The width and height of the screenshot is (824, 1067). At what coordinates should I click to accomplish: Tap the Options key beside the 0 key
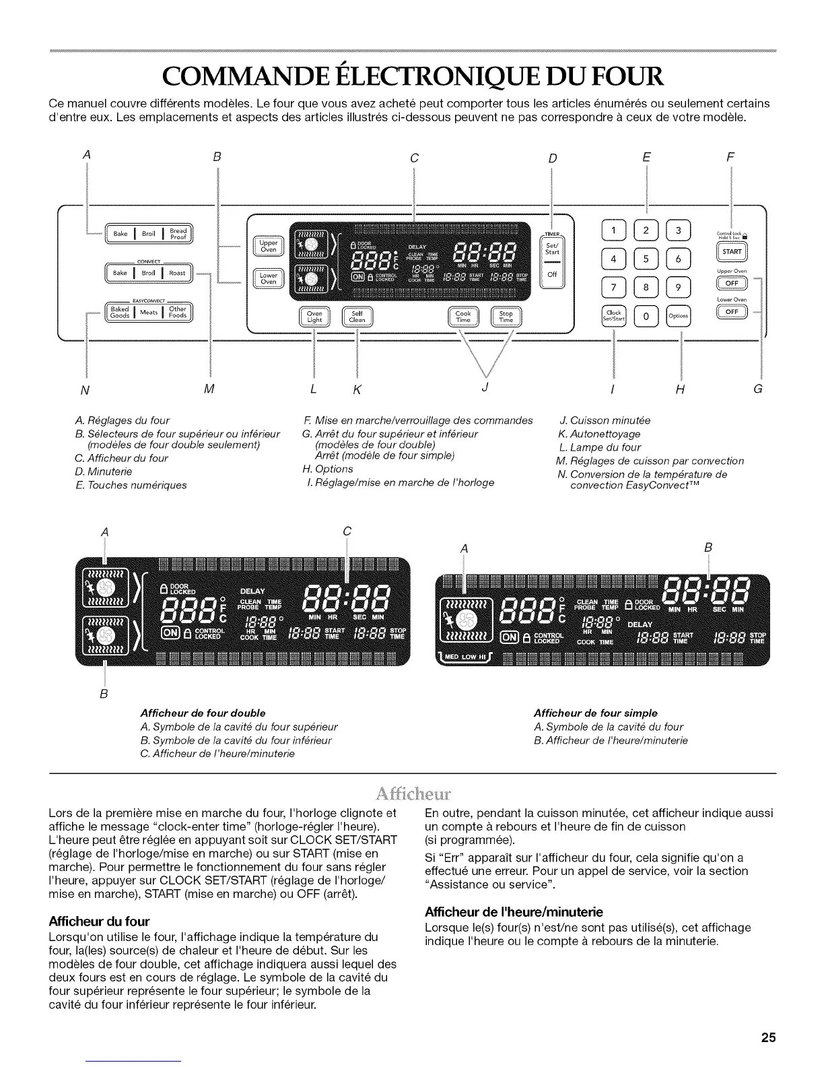678,315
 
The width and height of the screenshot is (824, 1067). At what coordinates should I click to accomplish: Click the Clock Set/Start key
613,315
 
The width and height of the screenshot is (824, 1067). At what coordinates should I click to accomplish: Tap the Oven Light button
314,317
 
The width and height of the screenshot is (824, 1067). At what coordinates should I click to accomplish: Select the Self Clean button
357,317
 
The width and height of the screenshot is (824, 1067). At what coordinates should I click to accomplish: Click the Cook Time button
463,317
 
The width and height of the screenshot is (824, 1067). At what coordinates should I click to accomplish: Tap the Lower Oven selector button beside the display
269,278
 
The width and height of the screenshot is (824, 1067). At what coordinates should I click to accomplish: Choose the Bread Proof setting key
178,234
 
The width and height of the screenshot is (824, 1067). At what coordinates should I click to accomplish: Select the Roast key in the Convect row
177,273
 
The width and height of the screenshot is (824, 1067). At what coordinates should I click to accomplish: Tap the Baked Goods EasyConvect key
120,313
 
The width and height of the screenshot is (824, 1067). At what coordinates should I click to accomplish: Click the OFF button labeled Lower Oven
732,311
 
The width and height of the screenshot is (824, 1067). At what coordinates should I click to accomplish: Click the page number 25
769,1037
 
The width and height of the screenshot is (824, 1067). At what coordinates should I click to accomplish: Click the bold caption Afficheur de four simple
595,713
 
